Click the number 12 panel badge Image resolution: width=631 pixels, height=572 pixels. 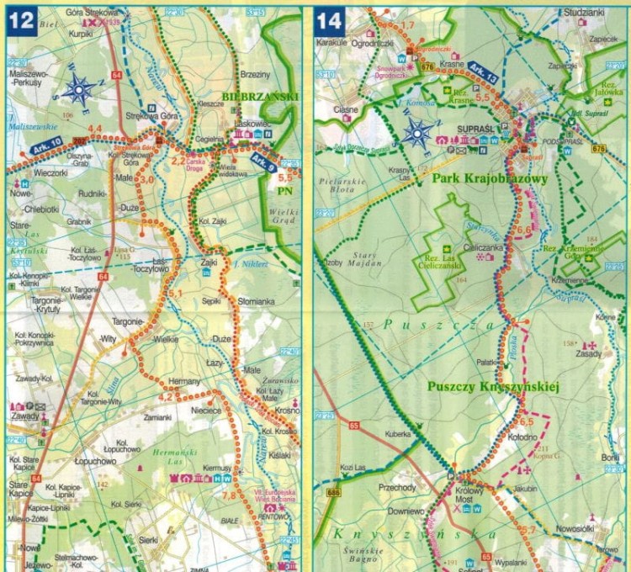(21, 20)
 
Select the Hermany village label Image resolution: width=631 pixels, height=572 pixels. (185, 382)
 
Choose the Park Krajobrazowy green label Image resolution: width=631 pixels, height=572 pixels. (489, 179)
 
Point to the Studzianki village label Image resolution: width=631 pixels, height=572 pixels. (585, 13)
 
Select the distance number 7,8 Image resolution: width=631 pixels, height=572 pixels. (228, 496)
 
